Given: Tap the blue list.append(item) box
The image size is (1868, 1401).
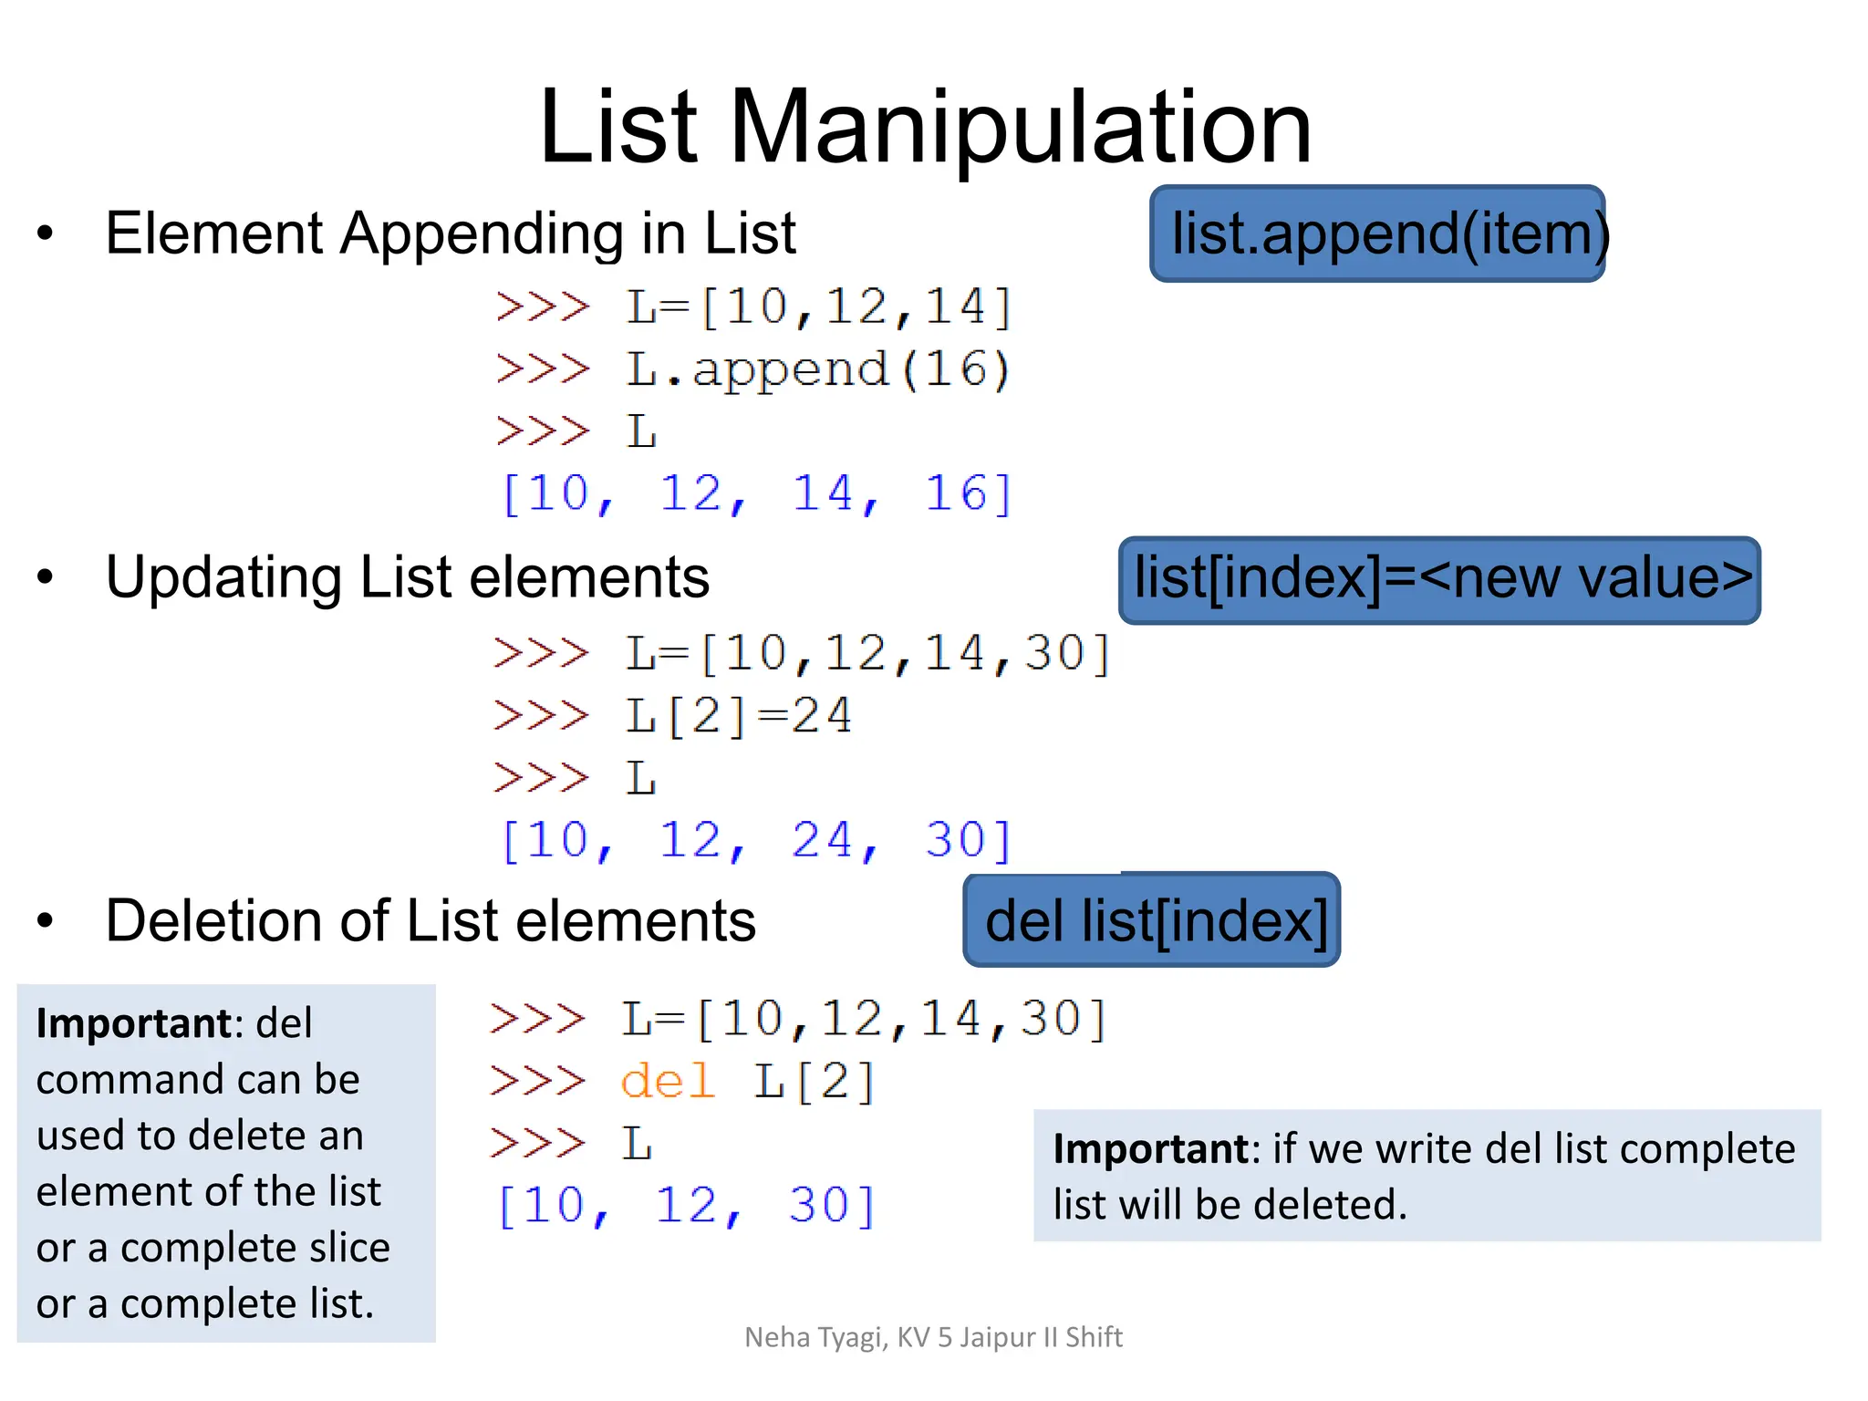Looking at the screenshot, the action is coord(1377,233).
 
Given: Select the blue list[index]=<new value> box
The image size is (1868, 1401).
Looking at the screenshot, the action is coord(1439,580).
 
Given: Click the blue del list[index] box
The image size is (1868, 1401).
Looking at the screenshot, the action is coord(1152,920).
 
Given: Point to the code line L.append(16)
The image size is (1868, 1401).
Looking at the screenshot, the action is coord(817,370).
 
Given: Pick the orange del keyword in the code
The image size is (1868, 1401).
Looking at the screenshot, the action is coord(667,1082).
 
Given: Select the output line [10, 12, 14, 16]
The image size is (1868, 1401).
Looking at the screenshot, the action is coord(757,493).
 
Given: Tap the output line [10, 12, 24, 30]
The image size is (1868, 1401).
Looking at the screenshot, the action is coord(757,840).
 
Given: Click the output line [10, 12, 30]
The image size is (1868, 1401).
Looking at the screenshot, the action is coord(687,1206).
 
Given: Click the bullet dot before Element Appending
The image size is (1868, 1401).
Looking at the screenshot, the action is coord(46,233).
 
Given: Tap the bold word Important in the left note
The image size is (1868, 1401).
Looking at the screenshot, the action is coord(133,1023).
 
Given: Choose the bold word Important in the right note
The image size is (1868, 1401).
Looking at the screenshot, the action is coord(1150,1149).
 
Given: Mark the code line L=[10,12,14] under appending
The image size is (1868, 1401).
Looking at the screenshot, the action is coord(817,306).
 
